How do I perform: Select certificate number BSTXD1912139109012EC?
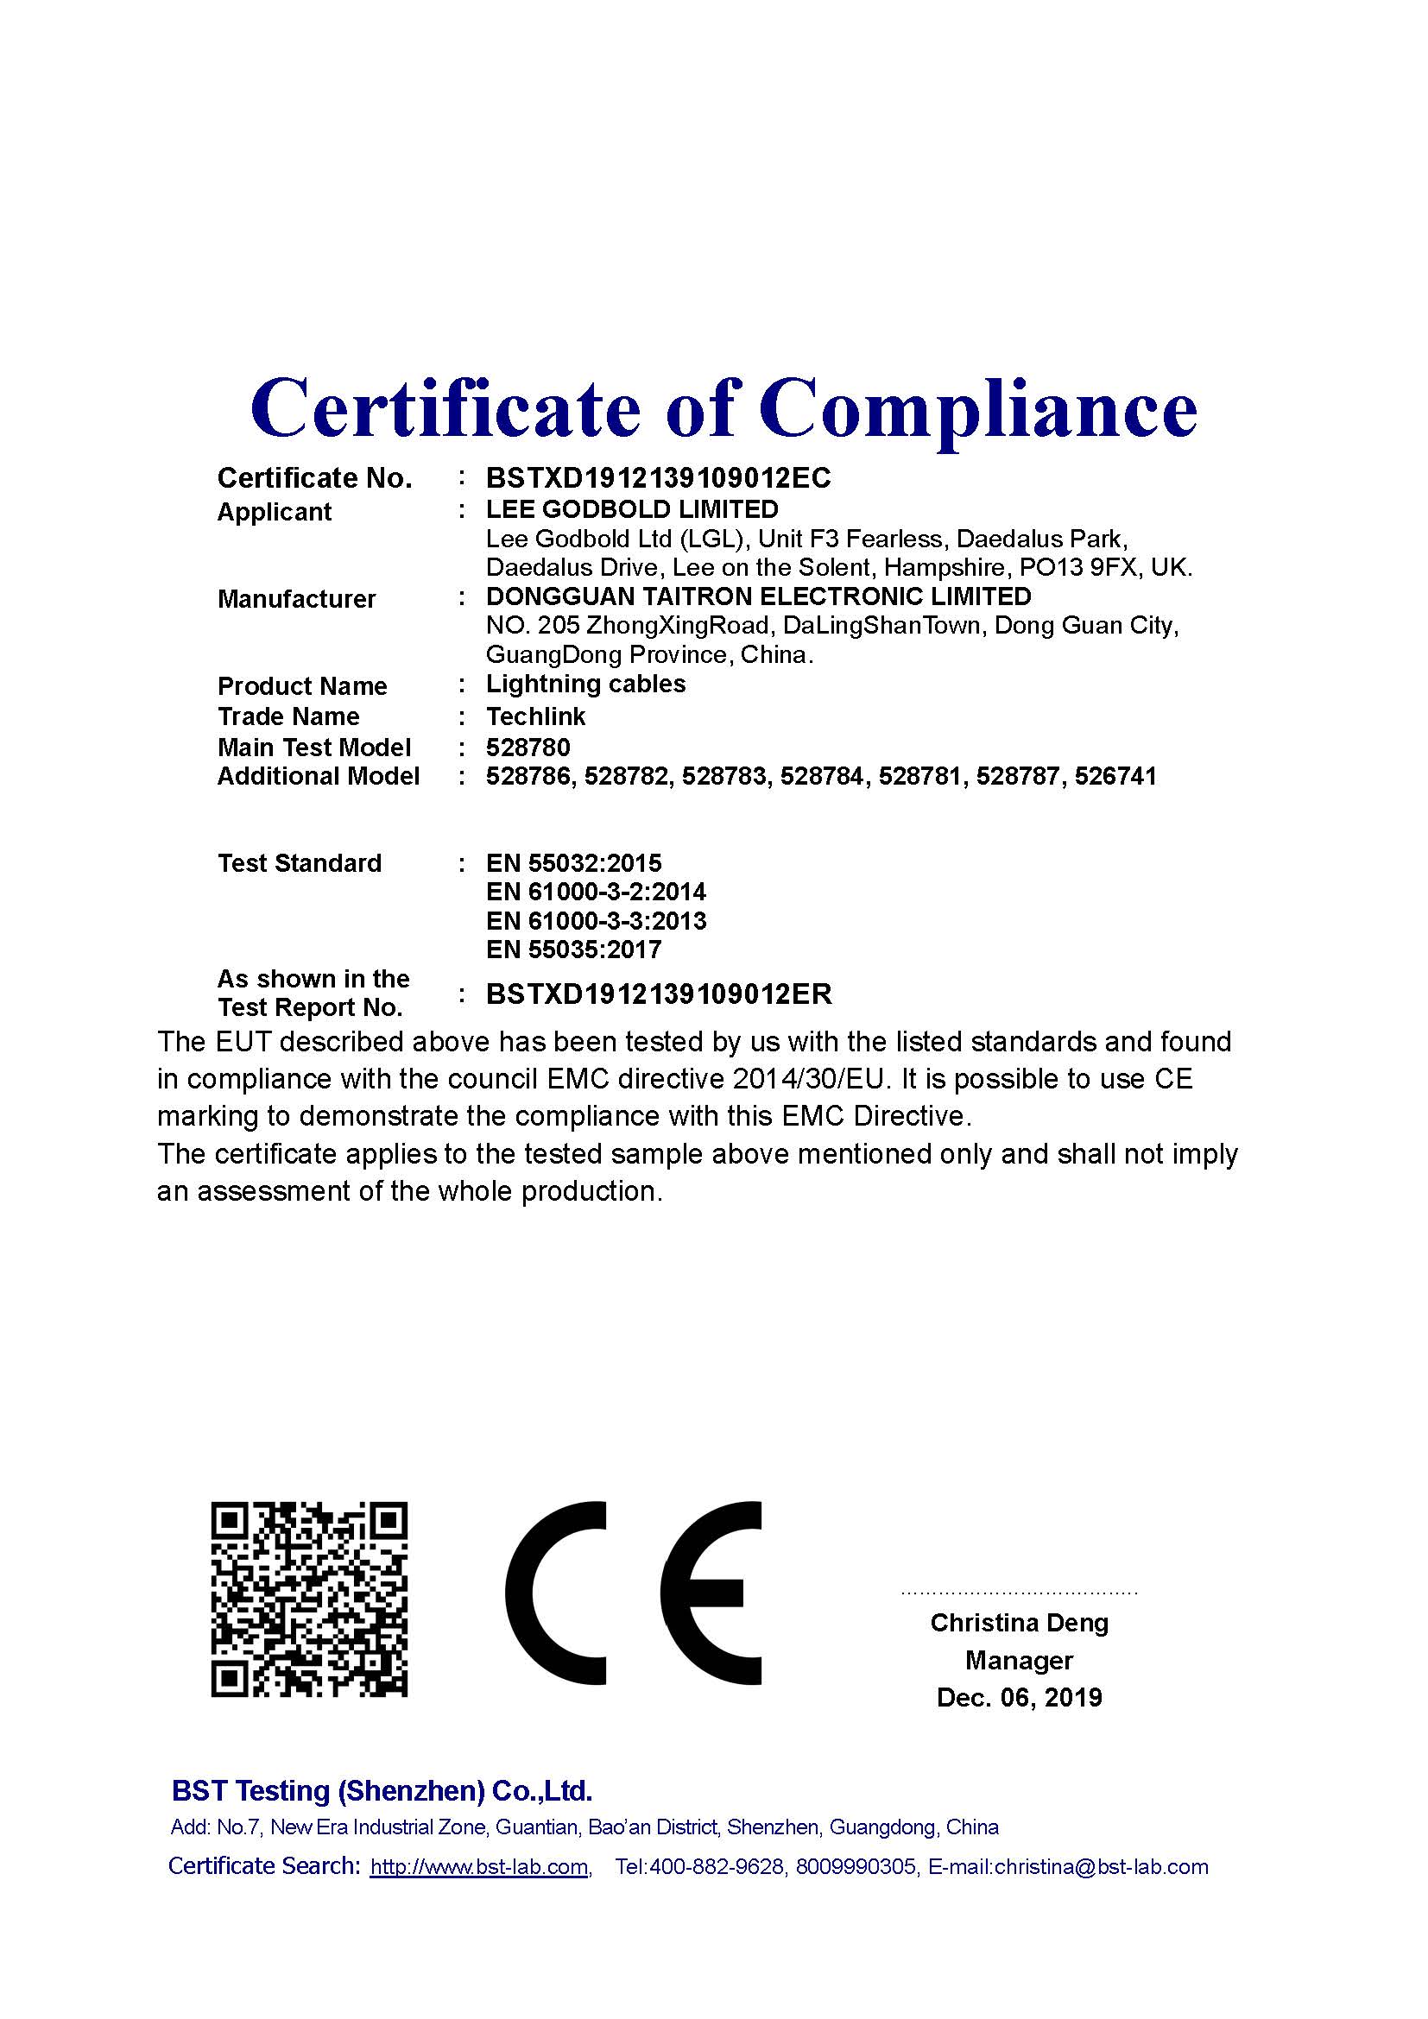pos(658,478)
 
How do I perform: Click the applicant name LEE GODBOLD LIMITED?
pos(632,509)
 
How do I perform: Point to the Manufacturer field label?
pos(296,599)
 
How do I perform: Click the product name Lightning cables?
pos(585,685)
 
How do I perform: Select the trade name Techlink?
pos(535,716)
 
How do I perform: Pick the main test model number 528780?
pos(528,748)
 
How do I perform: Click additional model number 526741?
pos(1115,777)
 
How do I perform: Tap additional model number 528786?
pos(529,777)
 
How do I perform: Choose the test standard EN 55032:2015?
pos(573,863)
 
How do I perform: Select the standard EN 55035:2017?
pos(573,950)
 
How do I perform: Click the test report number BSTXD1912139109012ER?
pos(659,994)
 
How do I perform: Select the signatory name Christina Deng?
pos(1019,1623)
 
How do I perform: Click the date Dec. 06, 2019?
pos(1019,1697)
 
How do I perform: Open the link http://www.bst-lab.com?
pos(479,1867)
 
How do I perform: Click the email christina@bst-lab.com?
pos(1101,1867)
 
